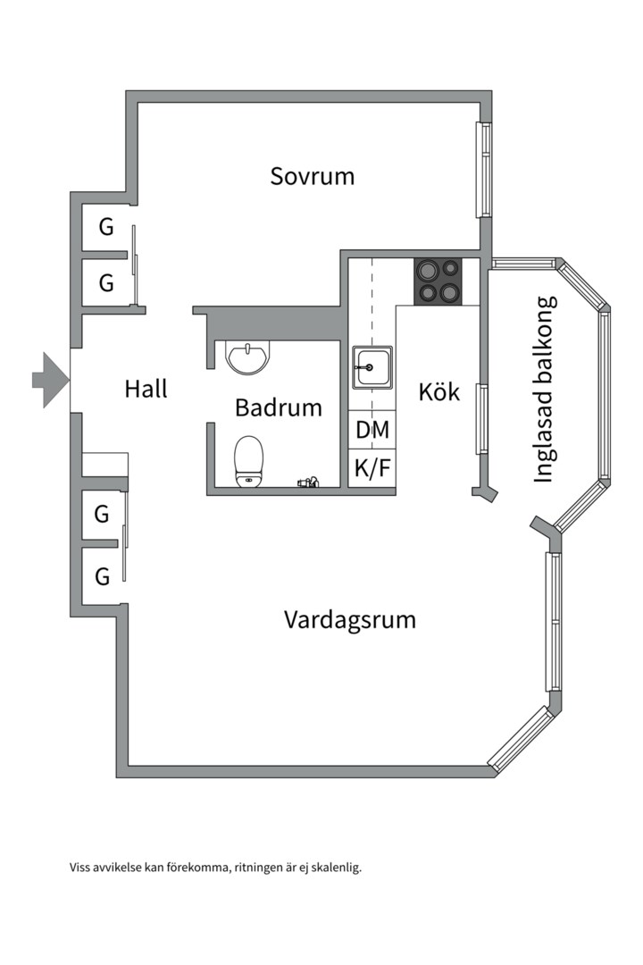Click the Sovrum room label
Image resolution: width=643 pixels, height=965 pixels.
pyautogui.click(x=312, y=176)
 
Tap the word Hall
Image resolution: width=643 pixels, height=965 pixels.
pyautogui.click(x=146, y=389)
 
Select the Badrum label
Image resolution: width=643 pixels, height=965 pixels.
pyautogui.click(x=278, y=408)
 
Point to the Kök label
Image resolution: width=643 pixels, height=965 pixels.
pyautogui.click(x=439, y=391)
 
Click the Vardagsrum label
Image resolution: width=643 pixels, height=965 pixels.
pyautogui.click(x=350, y=619)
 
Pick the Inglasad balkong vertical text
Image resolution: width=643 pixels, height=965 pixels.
pyautogui.click(x=545, y=389)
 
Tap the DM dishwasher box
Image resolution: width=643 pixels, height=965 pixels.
pyautogui.click(x=372, y=430)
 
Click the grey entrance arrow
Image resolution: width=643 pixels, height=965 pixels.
pyautogui.click(x=50, y=380)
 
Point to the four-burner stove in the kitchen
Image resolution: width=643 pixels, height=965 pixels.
pyautogui.click(x=438, y=280)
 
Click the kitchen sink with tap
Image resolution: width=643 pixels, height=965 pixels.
pyautogui.click(x=372, y=367)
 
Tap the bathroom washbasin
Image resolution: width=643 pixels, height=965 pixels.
pyautogui.click(x=246, y=357)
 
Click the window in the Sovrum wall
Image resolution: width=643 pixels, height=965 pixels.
pyautogui.click(x=483, y=169)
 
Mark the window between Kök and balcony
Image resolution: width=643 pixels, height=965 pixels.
pyautogui.click(x=481, y=418)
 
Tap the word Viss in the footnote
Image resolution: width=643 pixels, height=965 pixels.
pyautogui.click(x=80, y=868)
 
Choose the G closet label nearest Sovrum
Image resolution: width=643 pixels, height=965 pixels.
pyautogui.click(x=106, y=227)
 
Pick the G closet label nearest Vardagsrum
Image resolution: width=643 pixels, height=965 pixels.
pyautogui.click(x=102, y=576)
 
